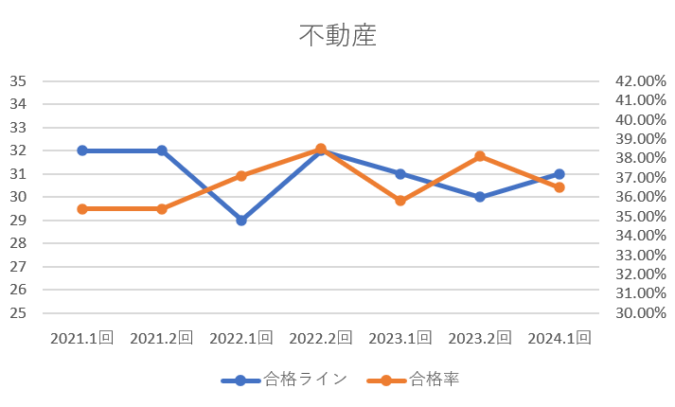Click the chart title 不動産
(338, 36)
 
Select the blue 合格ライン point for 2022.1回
(241, 221)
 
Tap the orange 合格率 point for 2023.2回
(480, 156)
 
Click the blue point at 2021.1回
(82, 150)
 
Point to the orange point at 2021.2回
(162, 208)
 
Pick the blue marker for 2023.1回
(400, 174)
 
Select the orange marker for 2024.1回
(560, 187)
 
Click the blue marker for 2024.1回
(560, 174)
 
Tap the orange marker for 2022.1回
(241, 176)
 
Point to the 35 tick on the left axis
(17, 81)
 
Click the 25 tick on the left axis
(17, 313)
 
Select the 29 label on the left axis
(17, 221)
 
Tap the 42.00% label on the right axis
(641, 81)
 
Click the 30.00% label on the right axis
(641, 313)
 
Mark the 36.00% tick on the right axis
(641, 197)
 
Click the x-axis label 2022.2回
(321, 338)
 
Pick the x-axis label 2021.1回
(82, 338)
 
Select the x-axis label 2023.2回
(480, 338)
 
